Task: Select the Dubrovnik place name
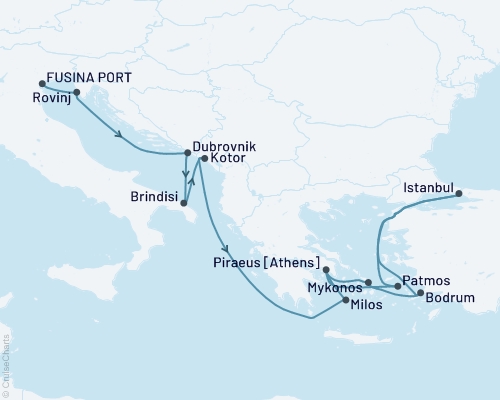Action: pyautogui.click(x=224, y=146)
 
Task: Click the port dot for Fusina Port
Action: pyautogui.click(x=41, y=84)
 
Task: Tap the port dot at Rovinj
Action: pyautogui.click(x=77, y=92)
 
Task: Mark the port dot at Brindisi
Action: pyautogui.click(x=184, y=206)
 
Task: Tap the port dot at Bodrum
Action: pyautogui.click(x=420, y=292)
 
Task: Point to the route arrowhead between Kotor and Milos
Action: pyautogui.click(x=229, y=251)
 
